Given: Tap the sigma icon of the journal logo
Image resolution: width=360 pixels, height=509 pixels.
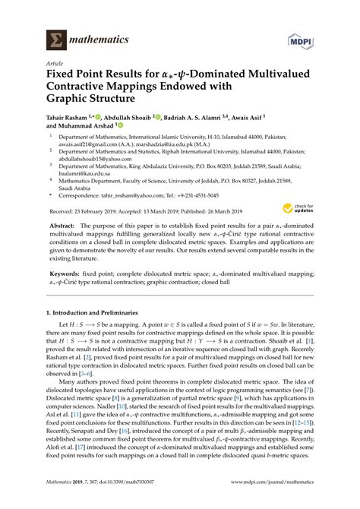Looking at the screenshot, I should [x=55, y=40].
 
